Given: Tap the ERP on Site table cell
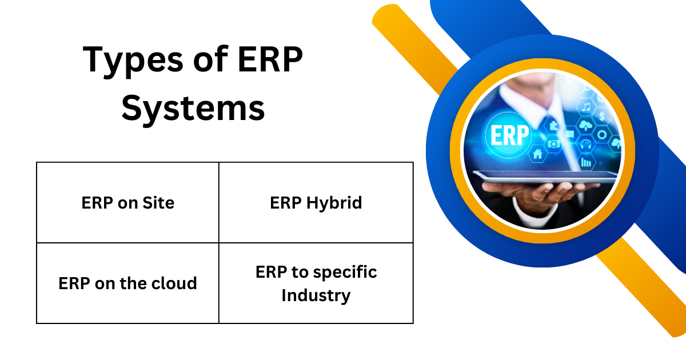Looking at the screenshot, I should pyautogui.click(x=127, y=202).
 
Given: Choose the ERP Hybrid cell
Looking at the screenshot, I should pyautogui.click(x=316, y=202).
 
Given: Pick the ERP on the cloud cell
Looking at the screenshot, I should pyautogui.click(x=127, y=283).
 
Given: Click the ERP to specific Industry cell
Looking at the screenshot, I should pyautogui.click(x=316, y=283).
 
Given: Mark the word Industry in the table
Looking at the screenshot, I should pyautogui.click(x=316, y=295).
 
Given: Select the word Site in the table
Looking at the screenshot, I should pyautogui.click(x=159, y=202).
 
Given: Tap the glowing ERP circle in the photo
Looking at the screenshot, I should pyautogui.click(x=508, y=136).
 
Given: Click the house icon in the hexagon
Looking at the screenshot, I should pyautogui.click(x=537, y=153).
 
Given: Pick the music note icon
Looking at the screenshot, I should pyautogui.click(x=585, y=107).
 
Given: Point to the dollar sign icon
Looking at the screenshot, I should pyautogui.click(x=602, y=117).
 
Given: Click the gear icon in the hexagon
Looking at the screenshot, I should pyautogui.click(x=601, y=135).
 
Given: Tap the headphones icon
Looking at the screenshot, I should pyautogui.click(x=585, y=145).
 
